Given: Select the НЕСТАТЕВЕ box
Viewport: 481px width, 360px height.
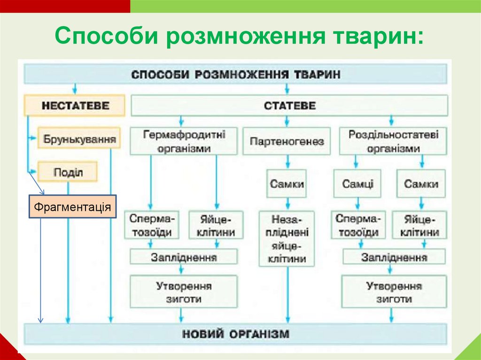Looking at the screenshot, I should coord(75,105).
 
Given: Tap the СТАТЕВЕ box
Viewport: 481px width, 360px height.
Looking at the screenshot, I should coord(289,106).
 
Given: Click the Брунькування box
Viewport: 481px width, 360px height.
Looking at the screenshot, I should coord(79,139).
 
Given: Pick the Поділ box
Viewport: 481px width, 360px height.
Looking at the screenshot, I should coord(68,172).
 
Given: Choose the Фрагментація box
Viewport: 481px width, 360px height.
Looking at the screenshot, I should coord(73,207).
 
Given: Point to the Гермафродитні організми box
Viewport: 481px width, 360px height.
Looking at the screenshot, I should coord(184,141).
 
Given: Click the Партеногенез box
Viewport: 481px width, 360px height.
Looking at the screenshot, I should coord(287,141).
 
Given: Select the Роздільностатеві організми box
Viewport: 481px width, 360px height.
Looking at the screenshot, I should coord(393,141).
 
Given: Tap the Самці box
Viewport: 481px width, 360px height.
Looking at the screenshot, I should coord(357,184).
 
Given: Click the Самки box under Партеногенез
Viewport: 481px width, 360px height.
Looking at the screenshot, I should coord(287,184).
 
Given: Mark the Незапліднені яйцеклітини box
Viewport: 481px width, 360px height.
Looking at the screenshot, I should coord(287,238).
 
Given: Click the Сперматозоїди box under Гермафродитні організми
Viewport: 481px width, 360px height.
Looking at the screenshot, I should coord(151,225).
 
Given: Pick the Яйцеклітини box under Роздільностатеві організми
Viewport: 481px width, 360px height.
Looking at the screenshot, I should coord(421,225).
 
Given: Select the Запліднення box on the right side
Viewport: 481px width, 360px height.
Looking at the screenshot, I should coord(394,257).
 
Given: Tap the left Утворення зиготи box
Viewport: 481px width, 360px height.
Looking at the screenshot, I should coord(184,292).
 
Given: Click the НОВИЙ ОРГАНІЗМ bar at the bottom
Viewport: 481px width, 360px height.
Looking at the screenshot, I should coord(235,334).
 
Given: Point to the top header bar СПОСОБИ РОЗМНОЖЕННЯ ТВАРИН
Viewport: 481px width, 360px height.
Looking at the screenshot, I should coord(235,74).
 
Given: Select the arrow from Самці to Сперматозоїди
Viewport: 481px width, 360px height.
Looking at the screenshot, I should coord(357,204).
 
